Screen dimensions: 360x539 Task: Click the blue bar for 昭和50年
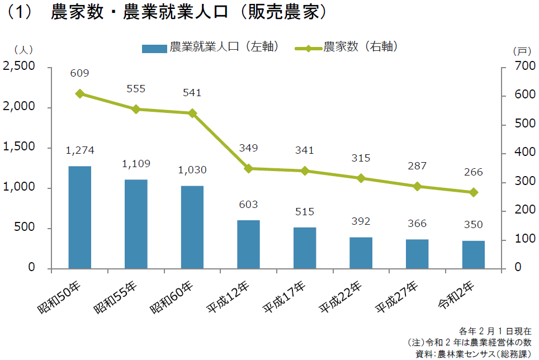tap(79, 217)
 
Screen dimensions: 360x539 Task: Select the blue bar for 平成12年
tap(248, 244)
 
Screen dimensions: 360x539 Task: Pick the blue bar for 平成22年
tap(361, 253)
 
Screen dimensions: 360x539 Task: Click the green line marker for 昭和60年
tap(192, 113)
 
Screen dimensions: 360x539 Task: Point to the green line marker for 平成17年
tap(305, 170)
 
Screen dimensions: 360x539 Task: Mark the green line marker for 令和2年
tap(474, 192)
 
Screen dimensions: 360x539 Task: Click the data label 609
tap(79, 73)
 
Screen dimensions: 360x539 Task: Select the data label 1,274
tap(79, 150)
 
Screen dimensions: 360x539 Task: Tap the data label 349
tap(248, 148)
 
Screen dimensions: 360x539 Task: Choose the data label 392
tap(361, 221)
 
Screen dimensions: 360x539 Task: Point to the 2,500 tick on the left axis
tap(19, 67)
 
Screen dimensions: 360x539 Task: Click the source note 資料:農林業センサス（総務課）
tap(475, 353)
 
